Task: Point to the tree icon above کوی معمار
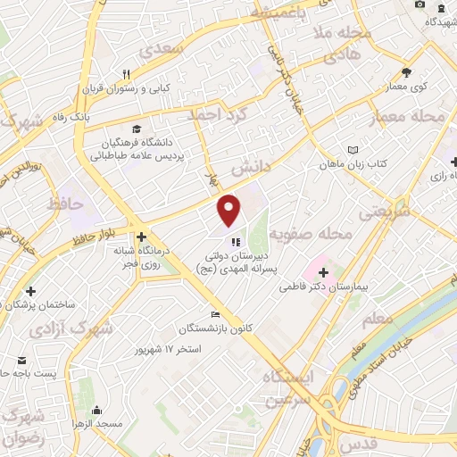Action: pyautogui.click(x=407, y=72)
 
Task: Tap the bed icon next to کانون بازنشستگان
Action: pyautogui.click(x=214, y=314)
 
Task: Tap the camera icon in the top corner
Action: pyautogui.click(x=420, y=5)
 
